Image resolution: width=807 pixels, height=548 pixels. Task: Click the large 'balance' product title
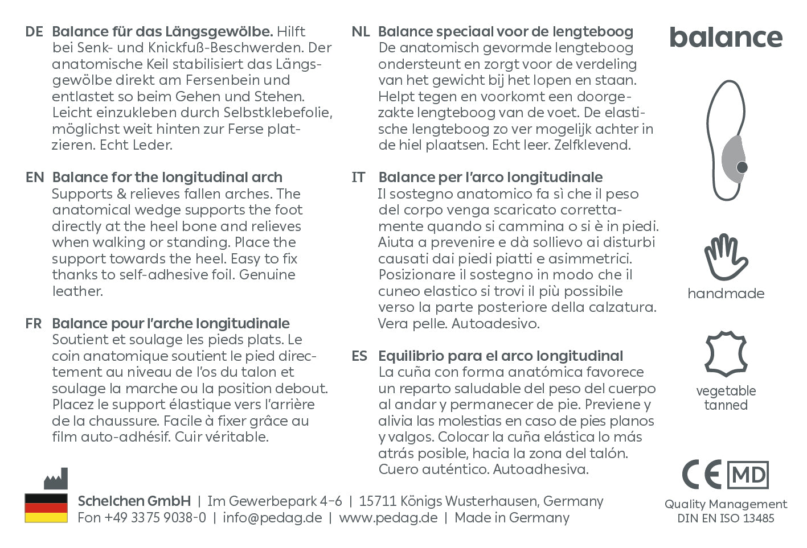(x=726, y=38)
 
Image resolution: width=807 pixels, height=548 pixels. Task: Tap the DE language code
(x=34, y=32)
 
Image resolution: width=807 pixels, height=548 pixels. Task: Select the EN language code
(x=34, y=178)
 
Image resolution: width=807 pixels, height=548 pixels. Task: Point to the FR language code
(x=34, y=324)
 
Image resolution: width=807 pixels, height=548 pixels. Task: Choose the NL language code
(x=361, y=32)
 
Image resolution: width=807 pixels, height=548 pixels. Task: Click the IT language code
(x=359, y=178)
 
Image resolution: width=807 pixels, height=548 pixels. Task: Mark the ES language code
(x=359, y=356)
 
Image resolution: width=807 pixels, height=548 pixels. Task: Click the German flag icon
(x=46, y=508)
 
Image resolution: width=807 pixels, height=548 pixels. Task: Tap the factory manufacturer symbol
(x=56, y=479)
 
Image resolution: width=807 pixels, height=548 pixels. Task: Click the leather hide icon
(x=726, y=353)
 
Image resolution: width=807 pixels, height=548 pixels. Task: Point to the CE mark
(x=702, y=475)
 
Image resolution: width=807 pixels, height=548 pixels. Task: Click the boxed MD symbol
(x=748, y=475)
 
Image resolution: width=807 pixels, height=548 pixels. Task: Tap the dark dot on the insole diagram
(x=742, y=167)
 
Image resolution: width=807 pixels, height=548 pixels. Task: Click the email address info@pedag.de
(x=272, y=518)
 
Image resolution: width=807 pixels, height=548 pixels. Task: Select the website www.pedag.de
(x=388, y=518)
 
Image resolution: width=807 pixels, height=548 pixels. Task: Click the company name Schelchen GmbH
(x=134, y=501)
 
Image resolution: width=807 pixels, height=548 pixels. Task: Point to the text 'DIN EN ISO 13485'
(x=726, y=518)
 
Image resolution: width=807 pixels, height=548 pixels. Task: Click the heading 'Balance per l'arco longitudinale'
(x=490, y=178)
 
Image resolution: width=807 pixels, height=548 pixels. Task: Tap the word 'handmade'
(x=726, y=294)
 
